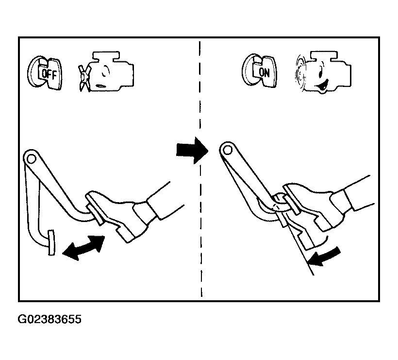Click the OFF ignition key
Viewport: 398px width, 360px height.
[x=45, y=73]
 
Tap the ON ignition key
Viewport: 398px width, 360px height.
[x=259, y=71]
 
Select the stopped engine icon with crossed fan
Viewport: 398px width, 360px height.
[x=107, y=71]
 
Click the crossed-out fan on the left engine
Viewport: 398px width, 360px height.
[x=84, y=78]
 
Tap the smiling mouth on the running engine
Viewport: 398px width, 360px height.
[x=322, y=86]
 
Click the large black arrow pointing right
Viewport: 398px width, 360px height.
[x=192, y=151]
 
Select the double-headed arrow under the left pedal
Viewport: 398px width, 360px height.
[x=83, y=247]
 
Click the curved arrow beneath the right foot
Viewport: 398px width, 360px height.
[x=324, y=257]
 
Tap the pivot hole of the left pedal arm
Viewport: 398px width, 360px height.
[x=31, y=159]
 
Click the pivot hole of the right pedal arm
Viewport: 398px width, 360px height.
[x=227, y=151]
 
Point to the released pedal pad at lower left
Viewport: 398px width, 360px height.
[x=51, y=242]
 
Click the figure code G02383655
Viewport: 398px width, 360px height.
[x=50, y=319]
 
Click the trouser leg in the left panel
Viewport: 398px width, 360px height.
[x=159, y=201]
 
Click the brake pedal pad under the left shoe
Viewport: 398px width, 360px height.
[x=95, y=210]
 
